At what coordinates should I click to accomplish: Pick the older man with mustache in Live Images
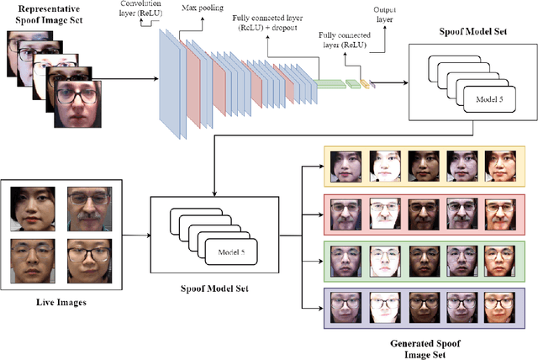88,209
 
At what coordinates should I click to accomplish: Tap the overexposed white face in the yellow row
387,166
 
